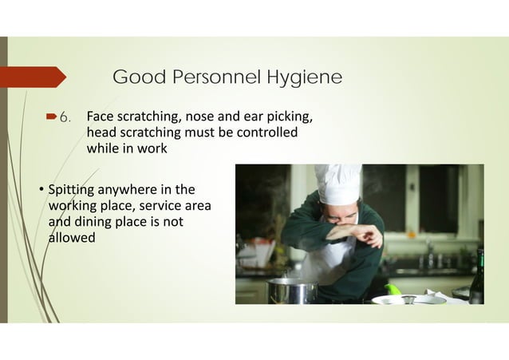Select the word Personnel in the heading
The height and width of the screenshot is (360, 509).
coord(215,77)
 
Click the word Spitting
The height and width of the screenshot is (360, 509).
coord(69,190)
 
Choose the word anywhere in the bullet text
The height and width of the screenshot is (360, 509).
coord(124,190)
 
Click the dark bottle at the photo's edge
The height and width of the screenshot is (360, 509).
coord(477,277)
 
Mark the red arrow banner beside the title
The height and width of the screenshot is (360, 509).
coord(32,77)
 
